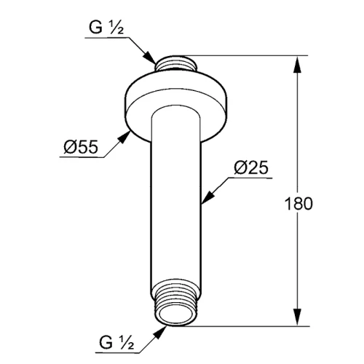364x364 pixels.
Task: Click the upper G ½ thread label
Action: click(106, 28)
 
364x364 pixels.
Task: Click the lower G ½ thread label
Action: click(116, 342)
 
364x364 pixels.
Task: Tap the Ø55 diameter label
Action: click(81, 147)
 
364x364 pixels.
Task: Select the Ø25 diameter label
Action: click(251, 167)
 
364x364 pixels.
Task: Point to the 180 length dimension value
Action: click(298, 203)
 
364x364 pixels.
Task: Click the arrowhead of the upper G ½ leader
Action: click(149, 58)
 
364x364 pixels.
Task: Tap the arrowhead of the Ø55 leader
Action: click(124, 137)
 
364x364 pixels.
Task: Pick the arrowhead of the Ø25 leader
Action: click(207, 197)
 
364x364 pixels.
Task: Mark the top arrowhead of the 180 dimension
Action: click(297, 65)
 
